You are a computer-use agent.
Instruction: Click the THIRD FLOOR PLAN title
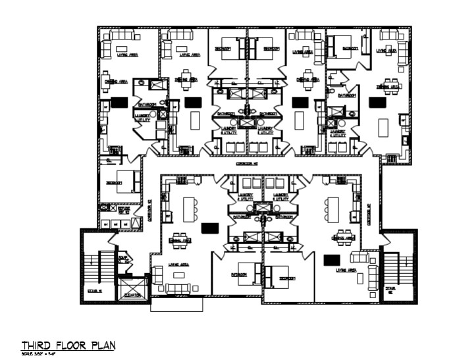tap(68, 345)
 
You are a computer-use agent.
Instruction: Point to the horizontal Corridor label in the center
tap(245, 161)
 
